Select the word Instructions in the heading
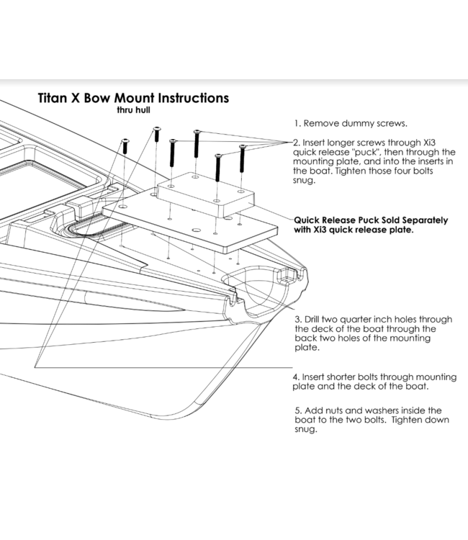[x=189, y=97]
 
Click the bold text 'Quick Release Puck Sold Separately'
[x=371, y=220]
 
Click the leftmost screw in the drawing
[x=125, y=145]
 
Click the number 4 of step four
[x=296, y=377]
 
